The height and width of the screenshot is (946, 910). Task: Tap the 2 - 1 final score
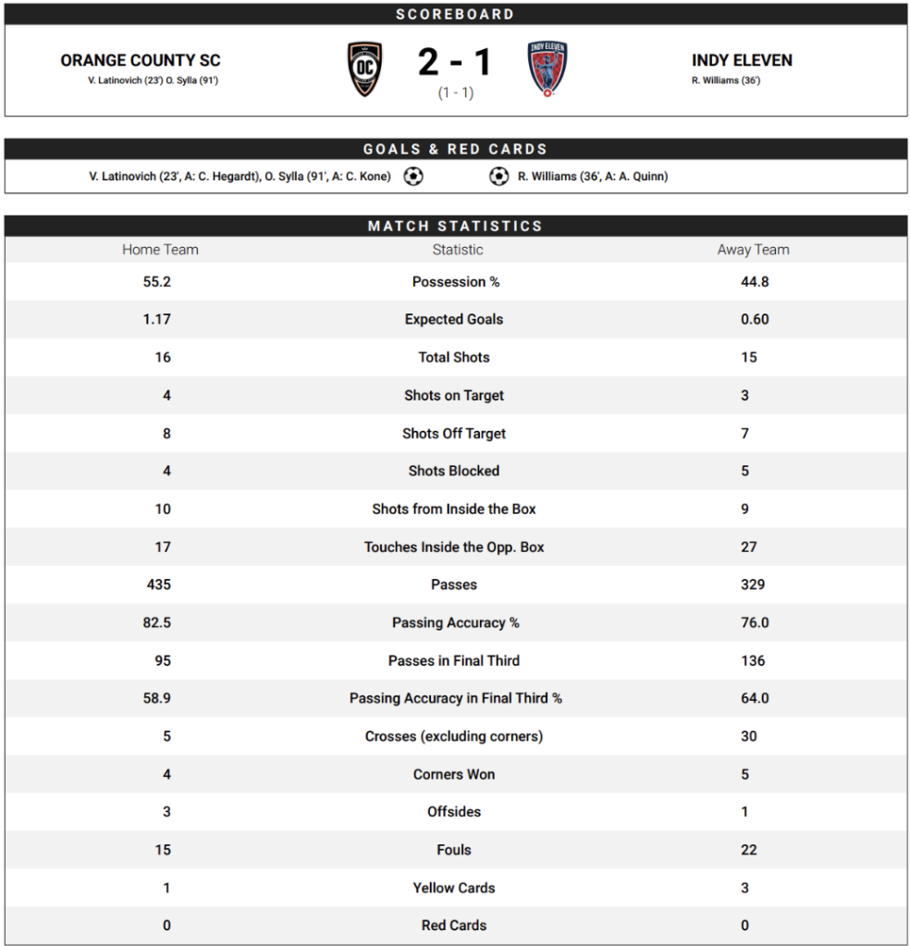pos(455,63)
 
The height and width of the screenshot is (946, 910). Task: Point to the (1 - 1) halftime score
pos(455,93)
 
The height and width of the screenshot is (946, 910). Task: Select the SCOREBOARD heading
pos(455,14)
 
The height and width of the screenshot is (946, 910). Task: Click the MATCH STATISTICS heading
pos(455,226)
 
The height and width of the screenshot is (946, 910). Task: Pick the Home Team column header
pos(160,250)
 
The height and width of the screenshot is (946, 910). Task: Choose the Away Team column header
pos(753,250)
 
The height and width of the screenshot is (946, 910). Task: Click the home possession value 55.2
pos(157,282)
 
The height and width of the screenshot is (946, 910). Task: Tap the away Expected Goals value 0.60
pos(755,319)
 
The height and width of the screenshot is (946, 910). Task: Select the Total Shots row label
pos(454,357)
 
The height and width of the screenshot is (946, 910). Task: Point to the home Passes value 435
pos(159,584)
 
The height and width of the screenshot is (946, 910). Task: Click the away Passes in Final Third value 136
pos(753,660)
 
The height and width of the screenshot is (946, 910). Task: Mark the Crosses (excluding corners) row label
pos(454,736)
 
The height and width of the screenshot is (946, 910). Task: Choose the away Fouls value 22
pos(749,850)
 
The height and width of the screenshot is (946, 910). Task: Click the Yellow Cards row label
pos(454,888)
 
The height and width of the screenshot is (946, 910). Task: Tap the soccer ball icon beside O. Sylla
pos(413,176)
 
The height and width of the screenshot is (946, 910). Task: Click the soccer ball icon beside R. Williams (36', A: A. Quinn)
pos(499,176)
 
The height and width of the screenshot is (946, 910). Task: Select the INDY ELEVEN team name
pos(742,61)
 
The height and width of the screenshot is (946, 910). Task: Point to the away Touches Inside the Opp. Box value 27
pos(749,547)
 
